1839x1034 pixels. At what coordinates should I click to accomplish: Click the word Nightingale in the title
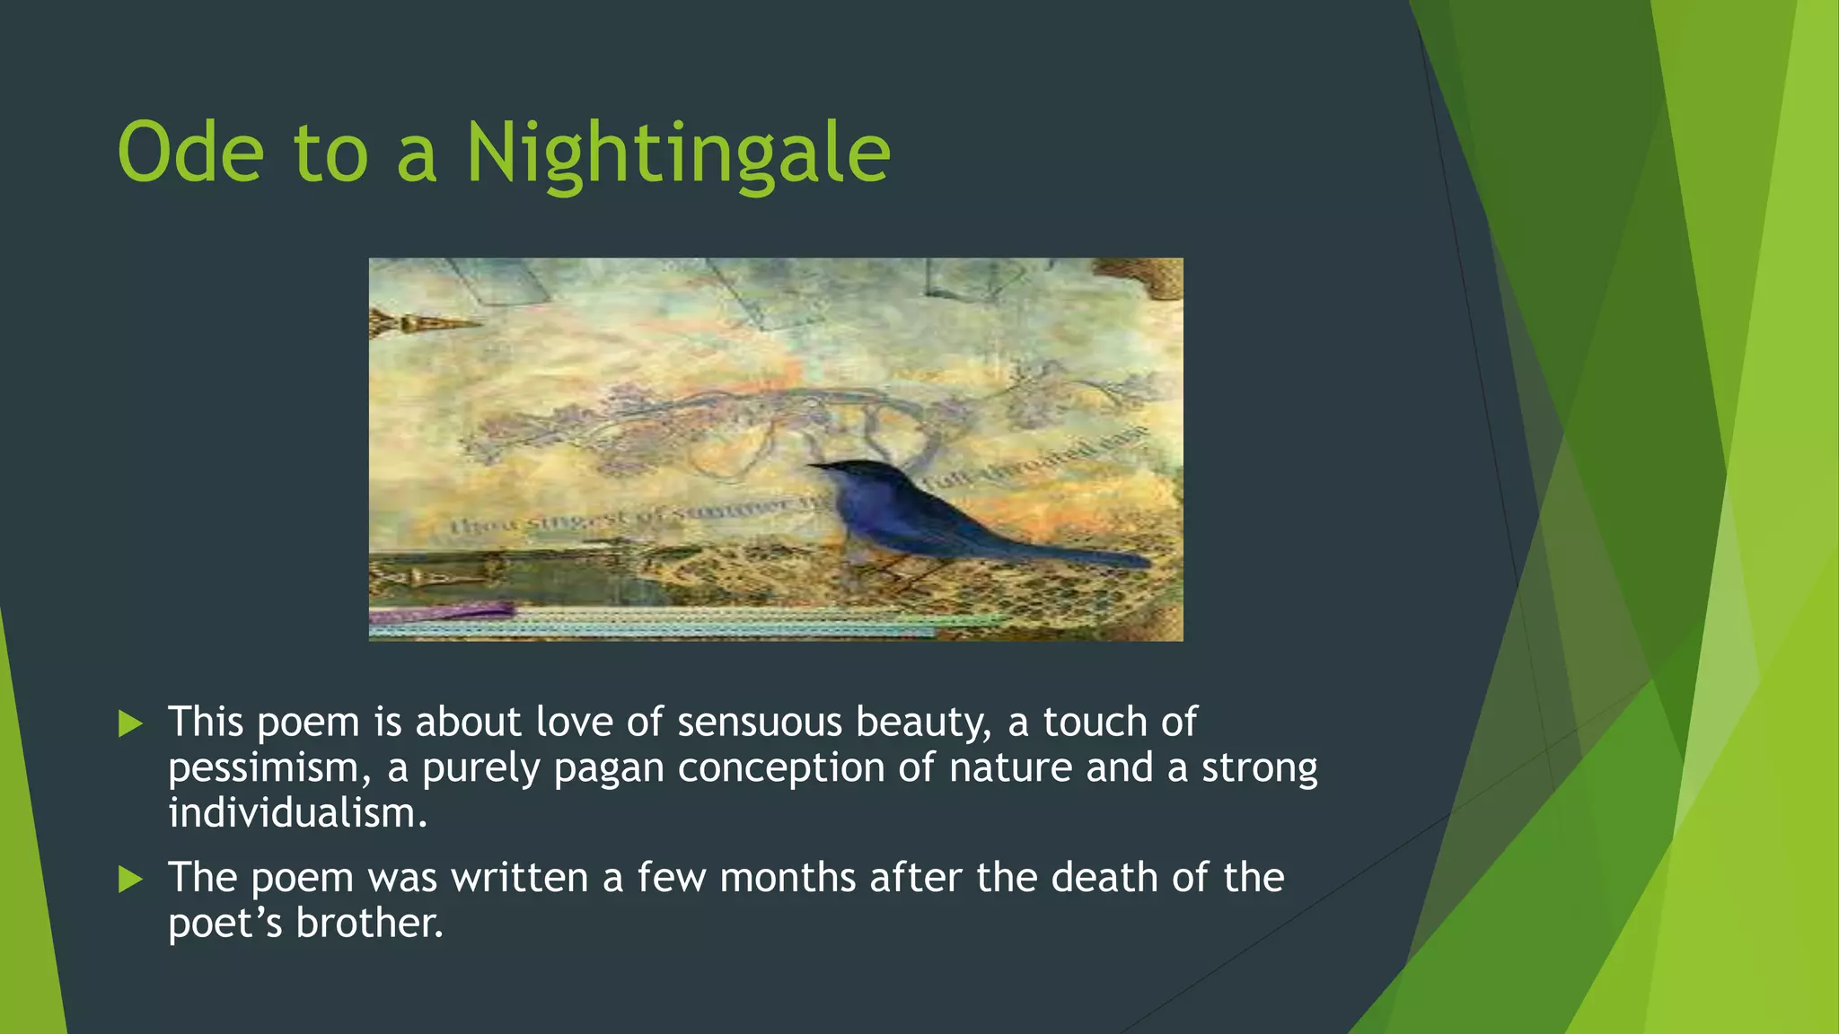click(x=678, y=154)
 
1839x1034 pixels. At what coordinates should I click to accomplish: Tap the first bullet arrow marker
click(x=131, y=723)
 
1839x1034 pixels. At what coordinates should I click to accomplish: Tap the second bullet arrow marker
click(x=131, y=879)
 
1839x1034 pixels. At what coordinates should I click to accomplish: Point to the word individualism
click(x=296, y=814)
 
